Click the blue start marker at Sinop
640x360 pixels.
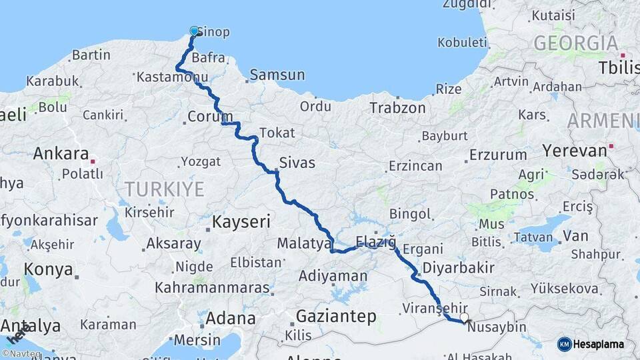tap(195, 31)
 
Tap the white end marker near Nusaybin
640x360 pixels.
tap(464, 318)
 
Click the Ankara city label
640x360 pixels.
tap(61, 153)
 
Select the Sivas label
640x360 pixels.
tap(297, 162)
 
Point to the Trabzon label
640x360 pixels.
tap(397, 107)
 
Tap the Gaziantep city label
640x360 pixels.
tap(336, 315)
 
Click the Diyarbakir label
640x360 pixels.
tap(463, 268)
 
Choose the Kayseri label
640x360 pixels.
tap(241, 221)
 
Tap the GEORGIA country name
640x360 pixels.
tap(575, 43)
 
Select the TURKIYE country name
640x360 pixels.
tap(161, 189)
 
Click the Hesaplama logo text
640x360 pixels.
tap(599, 344)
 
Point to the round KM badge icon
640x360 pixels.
tap(564, 344)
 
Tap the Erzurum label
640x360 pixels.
tap(494, 155)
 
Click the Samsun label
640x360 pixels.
tap(277, 75)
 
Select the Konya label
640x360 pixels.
tap(48, 269)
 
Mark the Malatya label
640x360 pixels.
tap(304, 243)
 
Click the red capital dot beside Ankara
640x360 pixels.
tap(93, 161)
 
